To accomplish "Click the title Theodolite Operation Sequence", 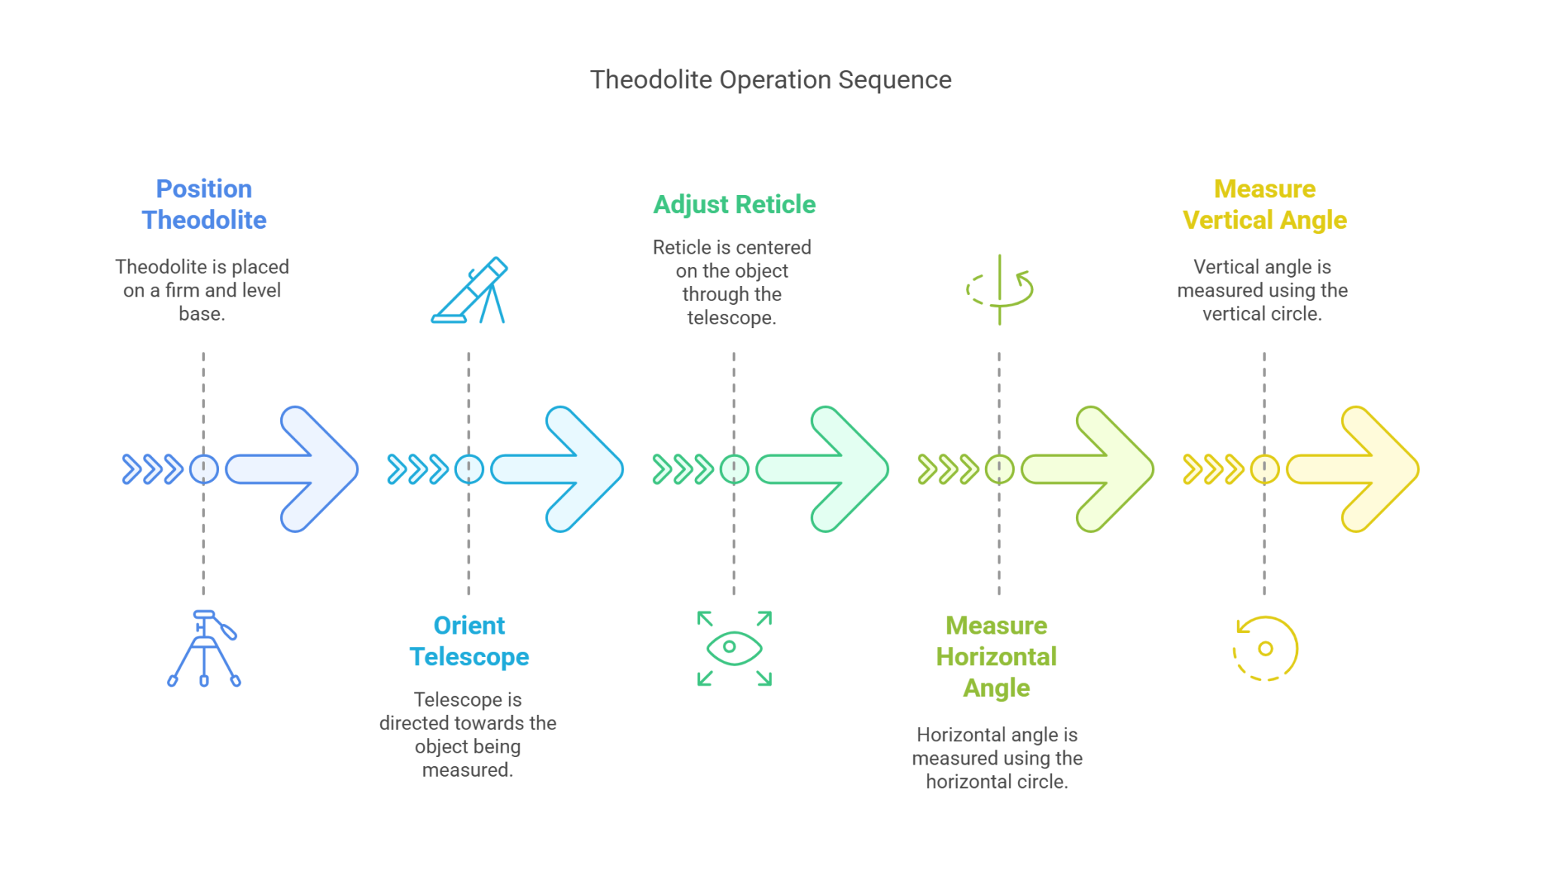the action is pos(770,80).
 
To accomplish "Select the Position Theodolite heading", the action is pos(204,204).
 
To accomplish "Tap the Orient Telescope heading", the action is pos(469,640).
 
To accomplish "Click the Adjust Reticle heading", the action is pos(734,205).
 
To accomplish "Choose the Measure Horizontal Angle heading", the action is pos(996,656).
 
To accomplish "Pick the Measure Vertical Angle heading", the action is pos(1265,204).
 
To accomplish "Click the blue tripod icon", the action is pos(204,648).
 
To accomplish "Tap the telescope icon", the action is pos(469,290).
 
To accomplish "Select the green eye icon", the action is pos(734,648).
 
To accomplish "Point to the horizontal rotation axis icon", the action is pos(999,290).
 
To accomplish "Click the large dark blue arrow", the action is pos(293,469).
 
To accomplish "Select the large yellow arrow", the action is pos(1354,469).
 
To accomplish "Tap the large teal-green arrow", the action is pos(823,469).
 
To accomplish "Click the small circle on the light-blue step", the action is pos(469,469).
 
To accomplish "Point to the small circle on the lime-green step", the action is pos(999,469).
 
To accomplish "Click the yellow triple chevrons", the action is pos(1213,469).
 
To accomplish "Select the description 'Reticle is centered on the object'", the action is pos(732,259).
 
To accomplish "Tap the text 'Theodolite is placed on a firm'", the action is pos(202,278).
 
